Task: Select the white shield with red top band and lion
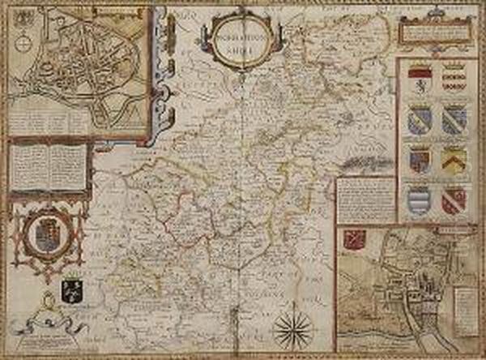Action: coord(420,79)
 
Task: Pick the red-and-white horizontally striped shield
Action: coord(454,79)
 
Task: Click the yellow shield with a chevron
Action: coord(454,158)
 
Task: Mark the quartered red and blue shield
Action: coord(420,159)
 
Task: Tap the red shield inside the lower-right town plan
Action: coord(352,239)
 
